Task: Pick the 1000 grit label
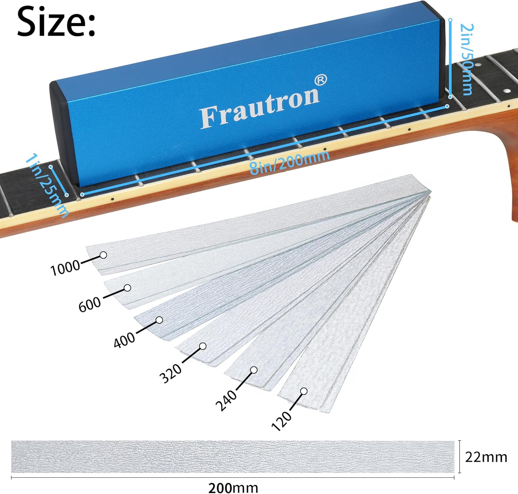click(x=65, y=268)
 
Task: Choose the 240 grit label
click(x=226, y=400)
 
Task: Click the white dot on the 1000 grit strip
click(x=103, y=255)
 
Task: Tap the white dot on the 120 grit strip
click(x=304, y=391)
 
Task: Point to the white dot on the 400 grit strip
click(x=159, y=320)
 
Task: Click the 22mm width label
click(x=486, y=457)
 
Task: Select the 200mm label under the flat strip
click(x=233, y=488)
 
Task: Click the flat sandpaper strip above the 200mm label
click(x=232, y=456)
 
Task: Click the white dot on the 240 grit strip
click(x=254, y=370)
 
